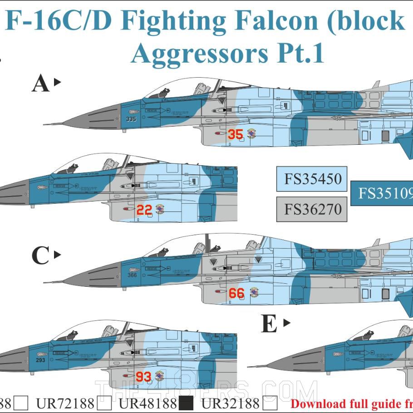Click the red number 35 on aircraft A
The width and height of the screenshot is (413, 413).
tap(235, 134)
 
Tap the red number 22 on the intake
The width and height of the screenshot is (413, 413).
tap(144, 210)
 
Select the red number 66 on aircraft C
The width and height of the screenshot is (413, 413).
tap(236, 293)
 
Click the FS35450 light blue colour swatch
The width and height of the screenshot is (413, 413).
tap(312, 179)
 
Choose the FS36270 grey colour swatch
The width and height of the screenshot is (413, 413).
tap(312, 209)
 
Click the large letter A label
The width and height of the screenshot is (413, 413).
tap(40, 84)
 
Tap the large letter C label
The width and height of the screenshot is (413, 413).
tap(40, 256)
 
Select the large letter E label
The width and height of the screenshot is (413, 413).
tap(270, 324)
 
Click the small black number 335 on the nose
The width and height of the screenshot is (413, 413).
tap(131, 120)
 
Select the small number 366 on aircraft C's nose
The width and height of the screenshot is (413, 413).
tap(132, 275)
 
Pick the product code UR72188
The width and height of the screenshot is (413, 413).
tap(65, 403)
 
